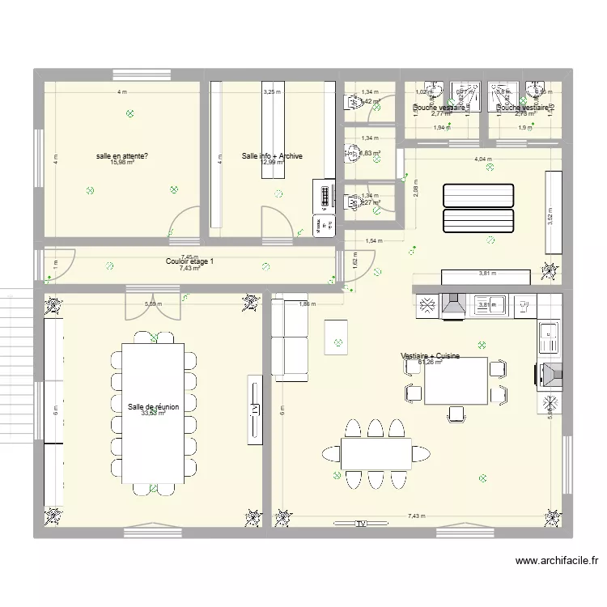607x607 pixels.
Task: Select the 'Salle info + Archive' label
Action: coord(272,155)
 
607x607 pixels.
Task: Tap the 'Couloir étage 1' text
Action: coord(190,261)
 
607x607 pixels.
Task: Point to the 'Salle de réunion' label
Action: coord(153,407)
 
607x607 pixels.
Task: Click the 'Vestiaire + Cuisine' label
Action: coord(432,356)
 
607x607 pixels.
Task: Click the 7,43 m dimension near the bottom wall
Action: coord(416,516)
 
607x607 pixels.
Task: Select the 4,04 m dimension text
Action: coord(483,159)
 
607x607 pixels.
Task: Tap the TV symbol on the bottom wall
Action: coord(359,524)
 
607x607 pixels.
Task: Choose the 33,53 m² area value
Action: coord(153,414)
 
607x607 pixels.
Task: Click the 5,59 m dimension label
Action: coord(153,304)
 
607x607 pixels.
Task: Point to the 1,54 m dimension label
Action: coord(373,241)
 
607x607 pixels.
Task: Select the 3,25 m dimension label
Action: coord(272,92)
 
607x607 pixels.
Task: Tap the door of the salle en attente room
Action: coord(185,224)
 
